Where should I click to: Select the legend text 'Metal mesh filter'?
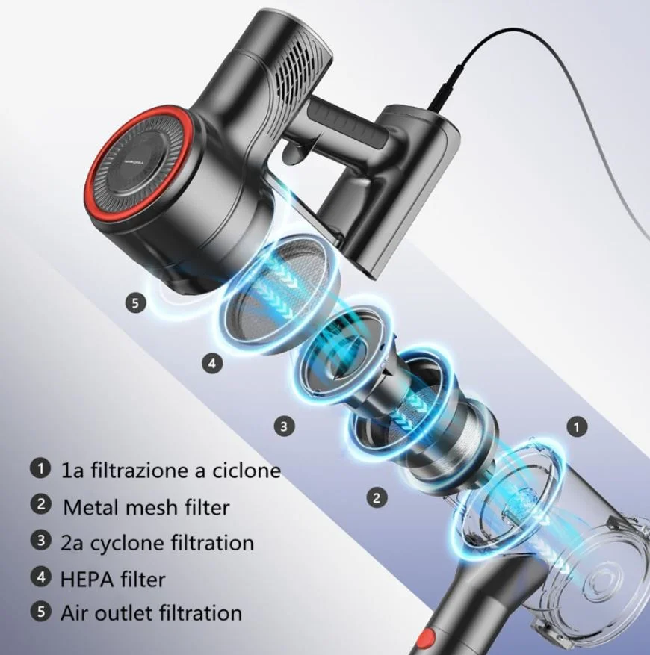[x=146, y=507]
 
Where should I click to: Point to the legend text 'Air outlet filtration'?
[x=152, y=613]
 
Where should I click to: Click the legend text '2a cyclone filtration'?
[x=157, y=542]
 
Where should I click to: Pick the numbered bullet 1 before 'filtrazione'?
[x=40, y=469]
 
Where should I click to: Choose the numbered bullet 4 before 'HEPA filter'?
[x=40, y=577]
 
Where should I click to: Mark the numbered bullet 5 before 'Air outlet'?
[x=40, y=612]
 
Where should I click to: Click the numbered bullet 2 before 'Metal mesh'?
[x=40, y=504]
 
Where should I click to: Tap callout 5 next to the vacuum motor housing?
[x=135, y=302]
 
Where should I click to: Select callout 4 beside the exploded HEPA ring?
[x=212, y=364]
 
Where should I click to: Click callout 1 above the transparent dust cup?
[x=576, y=427]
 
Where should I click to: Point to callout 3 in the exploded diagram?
[x=283, y=426]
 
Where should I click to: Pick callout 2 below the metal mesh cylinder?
[x=377, y=497]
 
